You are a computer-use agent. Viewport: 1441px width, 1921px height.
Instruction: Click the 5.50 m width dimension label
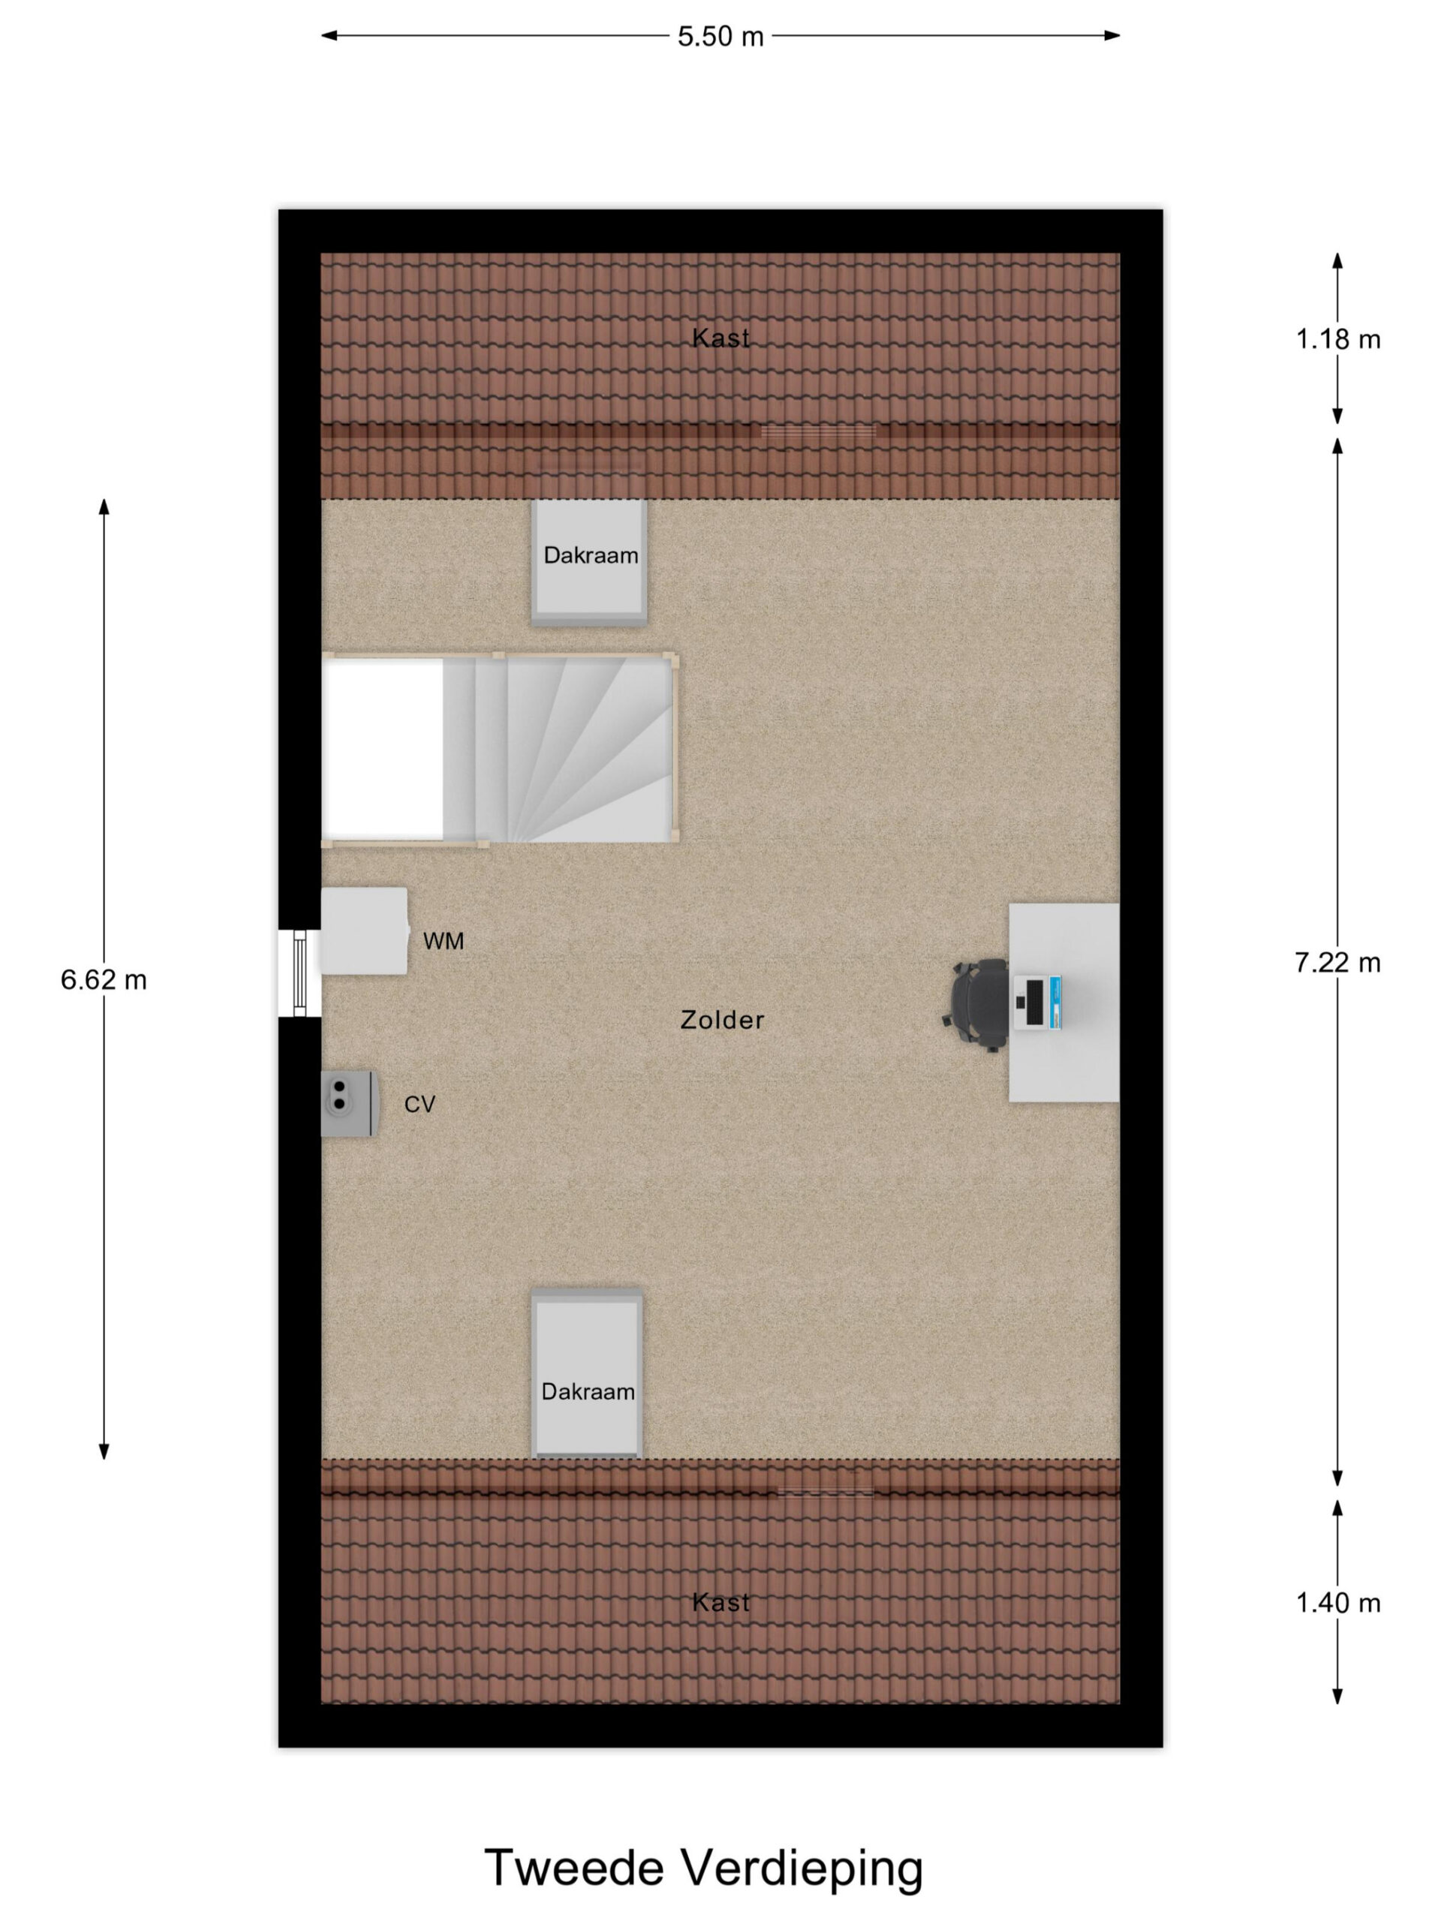pos(720,37)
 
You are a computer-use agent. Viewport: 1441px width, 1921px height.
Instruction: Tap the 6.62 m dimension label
pos(104,979)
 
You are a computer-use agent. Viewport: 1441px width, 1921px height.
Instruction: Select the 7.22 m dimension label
pos(1337,962)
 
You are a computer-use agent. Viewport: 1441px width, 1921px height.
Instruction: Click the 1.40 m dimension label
pos(1337,1602)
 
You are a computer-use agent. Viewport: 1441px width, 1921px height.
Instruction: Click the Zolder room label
pos(722,1020)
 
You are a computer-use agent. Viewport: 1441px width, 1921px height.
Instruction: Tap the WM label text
pos(443,940)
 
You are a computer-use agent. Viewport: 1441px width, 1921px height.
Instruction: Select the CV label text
pos(420,1104)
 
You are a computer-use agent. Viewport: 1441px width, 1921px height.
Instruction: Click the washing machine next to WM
pos(365,930)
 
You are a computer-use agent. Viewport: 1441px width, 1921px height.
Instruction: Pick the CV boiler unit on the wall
pos(349,1103)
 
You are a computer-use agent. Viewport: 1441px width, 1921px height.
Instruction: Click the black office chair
pos(976,1005)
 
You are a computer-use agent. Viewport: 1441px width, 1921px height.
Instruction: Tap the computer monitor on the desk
pos(1036,1003)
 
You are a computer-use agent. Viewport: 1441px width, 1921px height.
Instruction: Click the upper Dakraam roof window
pos(589,562)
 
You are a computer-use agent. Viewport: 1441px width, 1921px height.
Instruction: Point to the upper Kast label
pos(720,338)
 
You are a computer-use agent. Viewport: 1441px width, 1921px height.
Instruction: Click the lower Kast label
pos(720,1602)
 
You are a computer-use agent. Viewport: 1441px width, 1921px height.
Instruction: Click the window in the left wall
pos(299,973)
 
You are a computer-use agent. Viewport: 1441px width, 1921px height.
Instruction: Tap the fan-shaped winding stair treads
pos(573,749)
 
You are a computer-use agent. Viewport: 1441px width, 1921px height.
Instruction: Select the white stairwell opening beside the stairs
pos(382,749)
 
